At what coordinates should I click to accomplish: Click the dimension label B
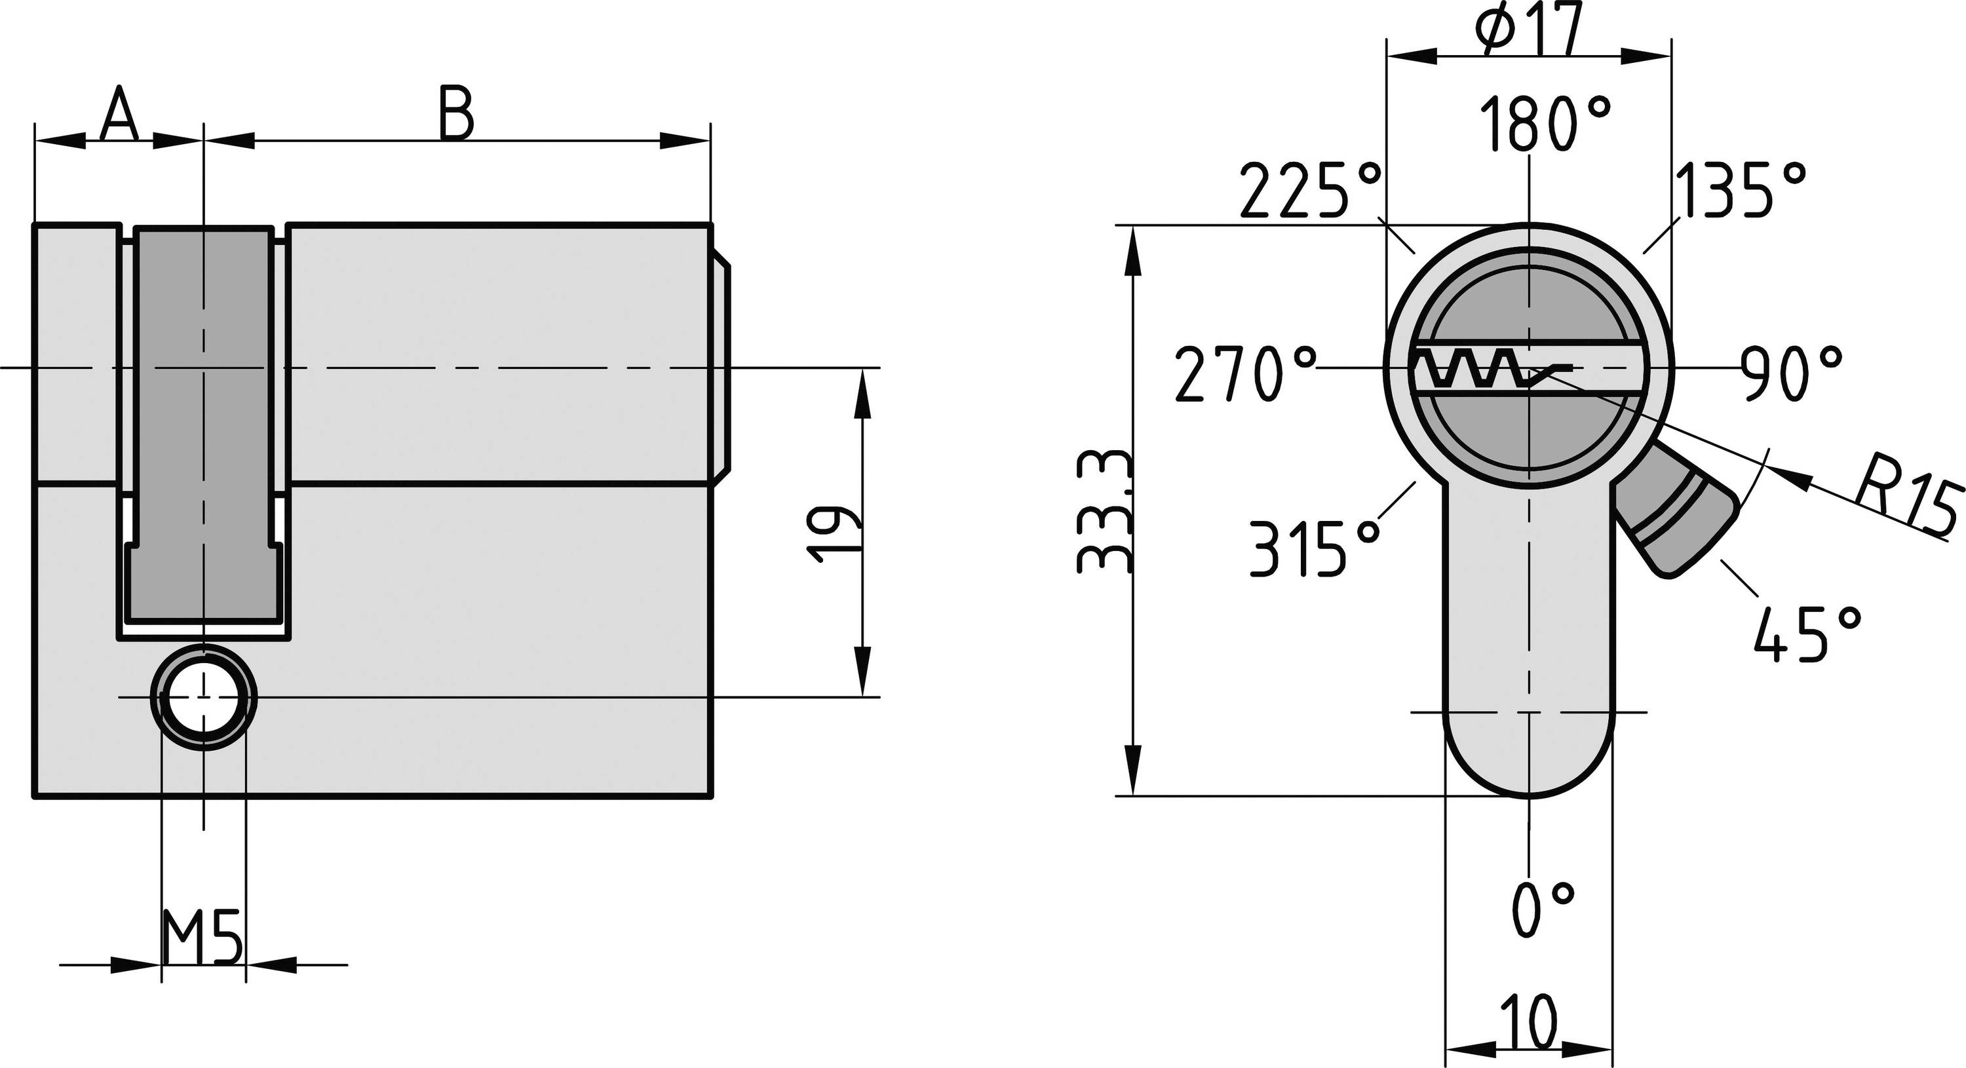[x=456, y=115]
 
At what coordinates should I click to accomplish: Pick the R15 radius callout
[x=1908, y=503]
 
